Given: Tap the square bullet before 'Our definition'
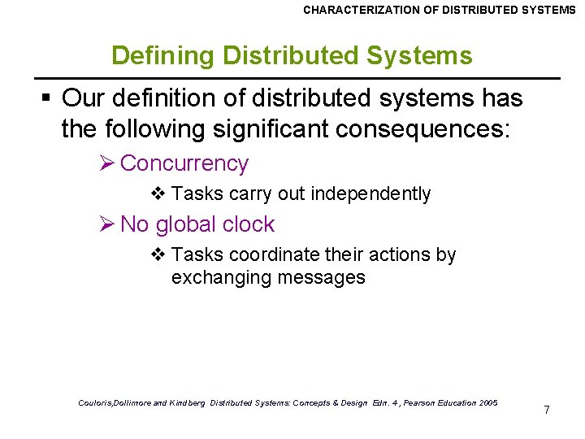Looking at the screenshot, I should pyautogui.click(x=47, y=99).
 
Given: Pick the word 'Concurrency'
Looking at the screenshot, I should pyautogui.click(x=184, y=163).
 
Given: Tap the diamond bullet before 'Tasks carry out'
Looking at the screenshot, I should pyautogui.click(x=158, y=193).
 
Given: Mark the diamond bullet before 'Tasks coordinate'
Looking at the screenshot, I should pyautogui.click(x=158, y=254).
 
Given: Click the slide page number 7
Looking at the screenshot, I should pyautogui.click(x=547, y=410).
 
